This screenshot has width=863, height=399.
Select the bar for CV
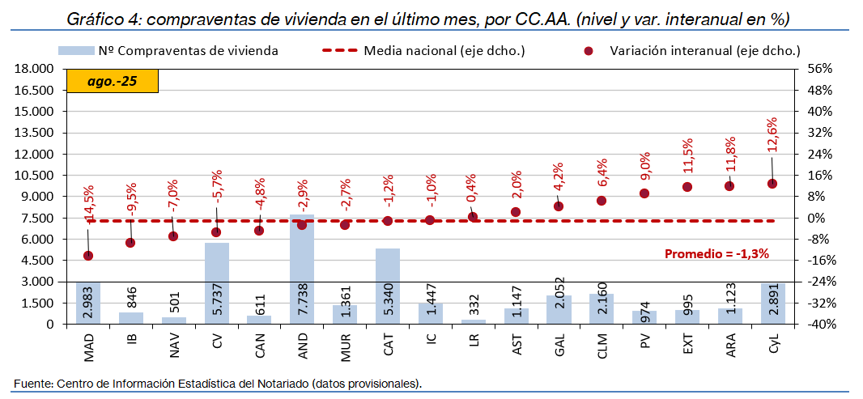tap(216, 283)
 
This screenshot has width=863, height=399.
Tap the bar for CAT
tap(388, 286)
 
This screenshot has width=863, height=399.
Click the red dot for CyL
tap(772, 184)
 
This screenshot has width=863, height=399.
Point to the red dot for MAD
tap(87, 256)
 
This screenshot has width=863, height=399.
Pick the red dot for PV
tap(644, 193)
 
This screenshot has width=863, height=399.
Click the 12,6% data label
tap(772, 136)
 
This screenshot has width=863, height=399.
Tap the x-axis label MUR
tap(345, 345)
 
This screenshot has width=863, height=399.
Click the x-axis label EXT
tap(687, 344)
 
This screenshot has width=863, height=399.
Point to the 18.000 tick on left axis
tap(34, 69)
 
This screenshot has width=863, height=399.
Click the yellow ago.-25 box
tap(112, 81)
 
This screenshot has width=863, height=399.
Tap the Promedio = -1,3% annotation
tap(716, 253)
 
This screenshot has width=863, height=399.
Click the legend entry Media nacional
tap(444, 50)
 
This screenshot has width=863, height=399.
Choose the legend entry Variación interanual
tap(704, 50)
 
